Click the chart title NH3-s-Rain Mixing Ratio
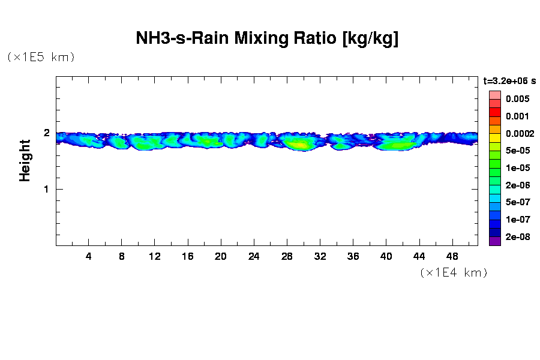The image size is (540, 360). [267, 39]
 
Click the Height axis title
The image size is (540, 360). [25, 160]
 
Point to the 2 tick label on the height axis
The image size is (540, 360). [46, 133]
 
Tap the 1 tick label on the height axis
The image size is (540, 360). [46, 189]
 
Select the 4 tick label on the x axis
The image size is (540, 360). [89, 256]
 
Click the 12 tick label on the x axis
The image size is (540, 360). [155, 256]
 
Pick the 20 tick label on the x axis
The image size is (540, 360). [221, 256]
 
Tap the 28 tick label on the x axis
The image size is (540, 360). [287, 256]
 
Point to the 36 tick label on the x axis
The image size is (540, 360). [353, 256]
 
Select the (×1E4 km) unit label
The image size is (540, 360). [453, 272]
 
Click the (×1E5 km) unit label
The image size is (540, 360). [41, 57]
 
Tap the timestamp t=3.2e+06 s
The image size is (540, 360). [509, 80]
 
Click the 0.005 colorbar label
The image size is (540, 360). [517, 99]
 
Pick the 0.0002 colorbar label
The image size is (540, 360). [517, 133]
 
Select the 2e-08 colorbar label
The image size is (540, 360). [517, 237]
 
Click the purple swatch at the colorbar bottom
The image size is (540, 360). [494, 241]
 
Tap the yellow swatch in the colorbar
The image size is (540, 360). [494, 137]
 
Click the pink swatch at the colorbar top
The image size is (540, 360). [494, 95]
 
